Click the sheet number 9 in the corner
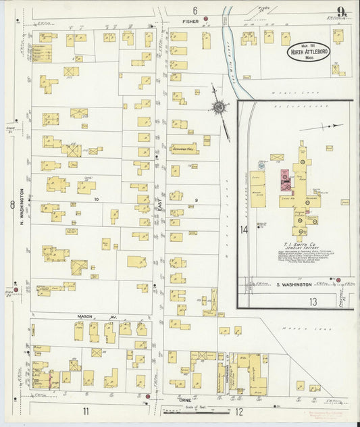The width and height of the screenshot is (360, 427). tap(344, 11)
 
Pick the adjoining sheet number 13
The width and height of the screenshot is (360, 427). tap(313, 301)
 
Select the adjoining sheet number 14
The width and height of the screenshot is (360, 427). tap(244, 230)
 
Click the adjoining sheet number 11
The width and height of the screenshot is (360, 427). tap(86, 410)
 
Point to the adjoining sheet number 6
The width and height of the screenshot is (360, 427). tap(194, 10)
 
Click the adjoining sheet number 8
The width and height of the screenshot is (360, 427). tap(11, 205)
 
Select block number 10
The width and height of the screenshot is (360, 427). tap(97, 199)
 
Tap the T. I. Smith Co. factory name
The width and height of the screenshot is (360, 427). tap(293, 245)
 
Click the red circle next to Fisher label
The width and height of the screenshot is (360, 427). tap(205, 19)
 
